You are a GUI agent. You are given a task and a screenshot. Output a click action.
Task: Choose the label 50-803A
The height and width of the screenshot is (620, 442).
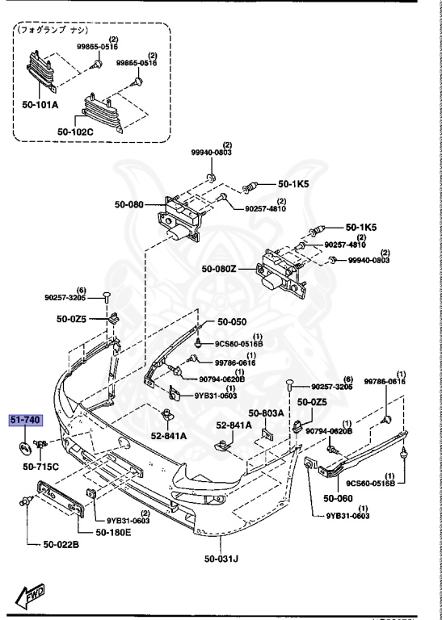[x=267, y=413]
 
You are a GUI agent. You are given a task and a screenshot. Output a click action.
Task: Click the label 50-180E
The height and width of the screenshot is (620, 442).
[x=114, y=532]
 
